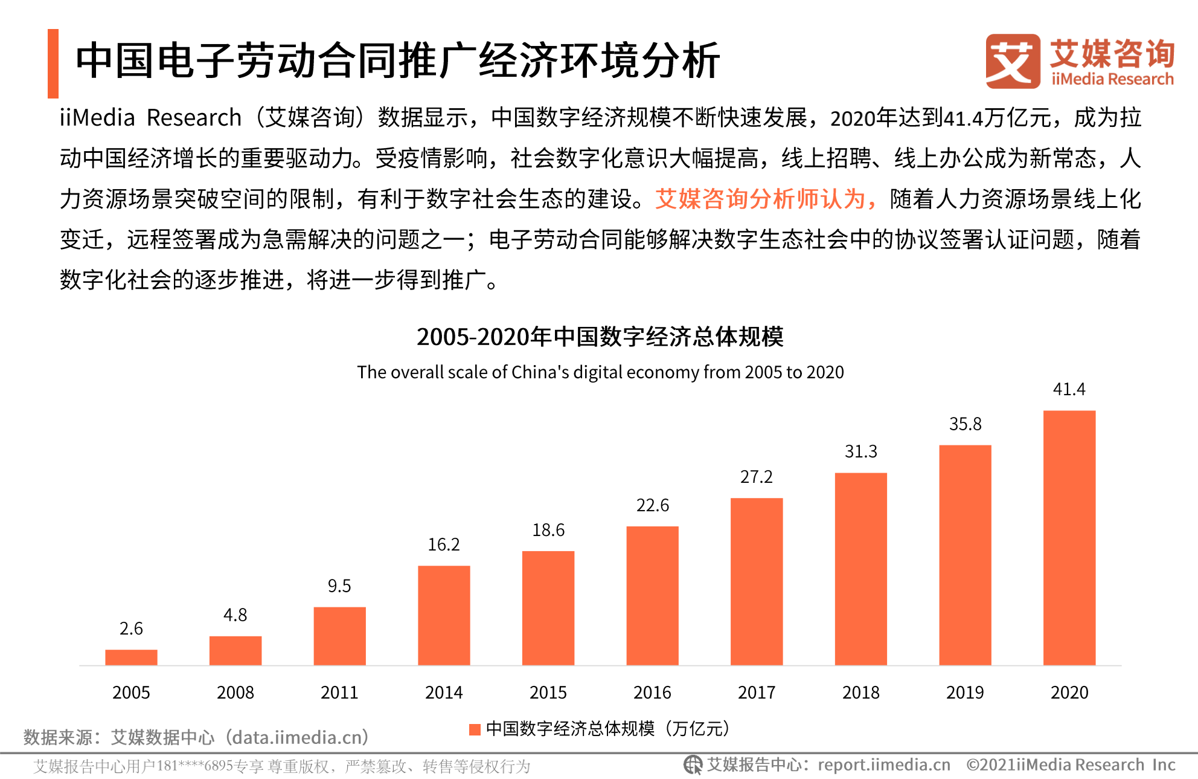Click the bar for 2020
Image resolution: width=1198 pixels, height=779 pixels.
(x=1069, y=538)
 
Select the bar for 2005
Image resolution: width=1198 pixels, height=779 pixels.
(x=131, y=658)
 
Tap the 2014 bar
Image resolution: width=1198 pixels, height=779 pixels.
(x=444, y=615)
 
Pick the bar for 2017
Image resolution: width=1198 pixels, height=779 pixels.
(x=757, y=581)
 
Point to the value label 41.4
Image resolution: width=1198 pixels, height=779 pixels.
(x=1069, y=389)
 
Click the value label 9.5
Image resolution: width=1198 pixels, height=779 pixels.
(x=339, y=586)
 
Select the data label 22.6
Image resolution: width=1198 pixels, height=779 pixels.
(x=653, y=505)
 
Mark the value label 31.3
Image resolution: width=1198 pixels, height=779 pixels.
(x=861, y=451)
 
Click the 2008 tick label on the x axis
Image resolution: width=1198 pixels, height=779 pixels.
(x=235, y=693)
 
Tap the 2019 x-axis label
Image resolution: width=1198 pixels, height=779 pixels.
(x=965, y=693)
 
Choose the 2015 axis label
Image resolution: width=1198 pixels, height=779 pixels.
(x=548, y=693)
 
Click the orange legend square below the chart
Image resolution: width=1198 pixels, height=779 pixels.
(x=475, y=729)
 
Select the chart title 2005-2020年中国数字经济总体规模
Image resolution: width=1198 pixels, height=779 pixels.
(x=600, y=337)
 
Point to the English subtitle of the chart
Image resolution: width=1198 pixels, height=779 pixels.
(x=600, y=372)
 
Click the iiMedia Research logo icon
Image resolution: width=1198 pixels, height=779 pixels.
(x=1013, y=61)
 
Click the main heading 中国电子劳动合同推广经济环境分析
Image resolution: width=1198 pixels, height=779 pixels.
(x=397, y=60)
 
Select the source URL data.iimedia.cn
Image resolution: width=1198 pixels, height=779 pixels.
(x=300, y=737)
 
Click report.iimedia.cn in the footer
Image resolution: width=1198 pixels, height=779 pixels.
(x=884, y=765)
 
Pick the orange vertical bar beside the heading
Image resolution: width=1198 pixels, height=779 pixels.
(x=53, y=63)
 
